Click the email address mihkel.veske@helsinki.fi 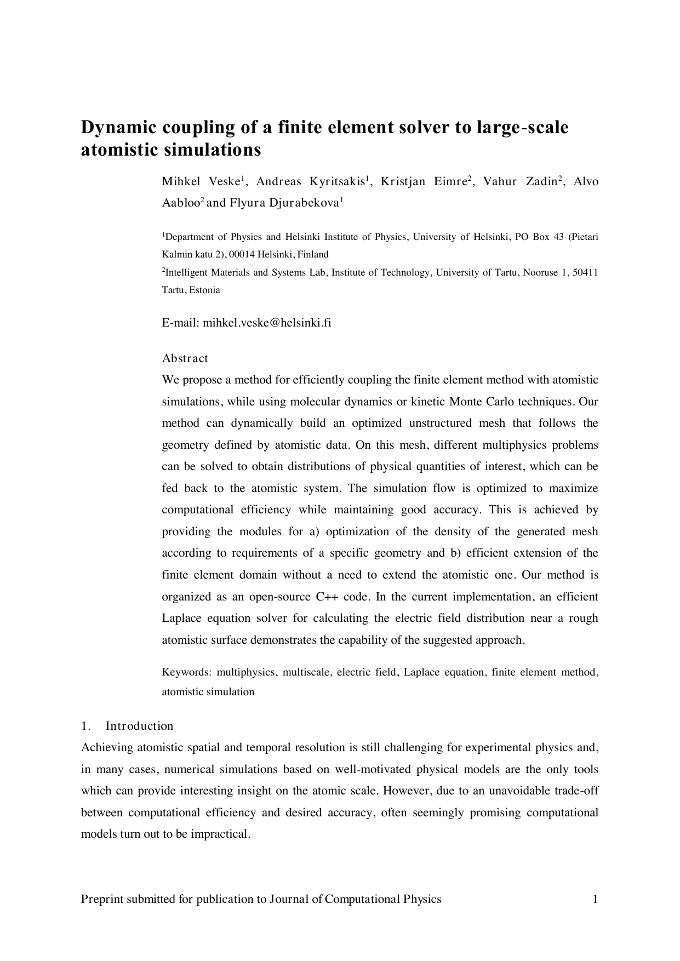[x=267, y=323]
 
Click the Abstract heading [x=185, y=358]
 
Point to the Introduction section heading [x=139, y=726]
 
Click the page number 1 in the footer [x=595, y=899]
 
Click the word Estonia [x=205, y=290]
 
